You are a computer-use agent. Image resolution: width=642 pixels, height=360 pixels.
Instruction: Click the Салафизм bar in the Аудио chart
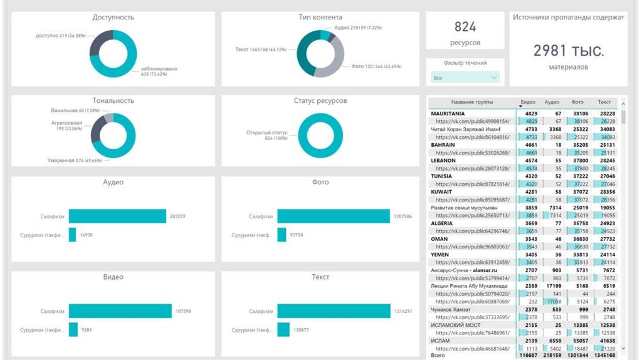point(117,216)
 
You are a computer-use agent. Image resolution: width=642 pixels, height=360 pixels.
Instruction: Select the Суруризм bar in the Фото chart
point(283,235)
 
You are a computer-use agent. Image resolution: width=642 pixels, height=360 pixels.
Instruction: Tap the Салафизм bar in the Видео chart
point(120,311)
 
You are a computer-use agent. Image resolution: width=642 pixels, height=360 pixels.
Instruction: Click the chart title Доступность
point(113,17)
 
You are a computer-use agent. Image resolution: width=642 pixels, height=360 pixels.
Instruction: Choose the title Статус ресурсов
point(320,100)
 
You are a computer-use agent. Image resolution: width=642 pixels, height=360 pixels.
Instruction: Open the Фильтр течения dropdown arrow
point(495,78)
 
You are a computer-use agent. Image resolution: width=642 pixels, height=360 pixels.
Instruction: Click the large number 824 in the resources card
point(465,27)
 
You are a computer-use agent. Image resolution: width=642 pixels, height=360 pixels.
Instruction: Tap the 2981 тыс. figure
point(569,51)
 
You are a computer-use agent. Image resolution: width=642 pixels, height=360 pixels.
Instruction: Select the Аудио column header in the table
point(552,102)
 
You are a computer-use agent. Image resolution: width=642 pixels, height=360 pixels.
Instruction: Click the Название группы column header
point(472,102)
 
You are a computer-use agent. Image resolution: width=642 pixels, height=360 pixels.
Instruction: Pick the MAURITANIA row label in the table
point(451,114)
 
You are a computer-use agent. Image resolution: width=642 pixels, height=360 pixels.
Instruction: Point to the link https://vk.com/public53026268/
point(472,152)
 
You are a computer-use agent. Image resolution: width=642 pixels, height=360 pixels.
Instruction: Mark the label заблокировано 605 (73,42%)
point(159,71)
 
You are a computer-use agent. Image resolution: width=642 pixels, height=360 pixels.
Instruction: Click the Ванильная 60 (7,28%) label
point(72,110)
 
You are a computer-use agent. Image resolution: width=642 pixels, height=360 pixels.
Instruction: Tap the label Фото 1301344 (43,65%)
point(376,66)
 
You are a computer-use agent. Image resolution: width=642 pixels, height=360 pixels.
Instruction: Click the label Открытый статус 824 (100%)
point(266,135)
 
